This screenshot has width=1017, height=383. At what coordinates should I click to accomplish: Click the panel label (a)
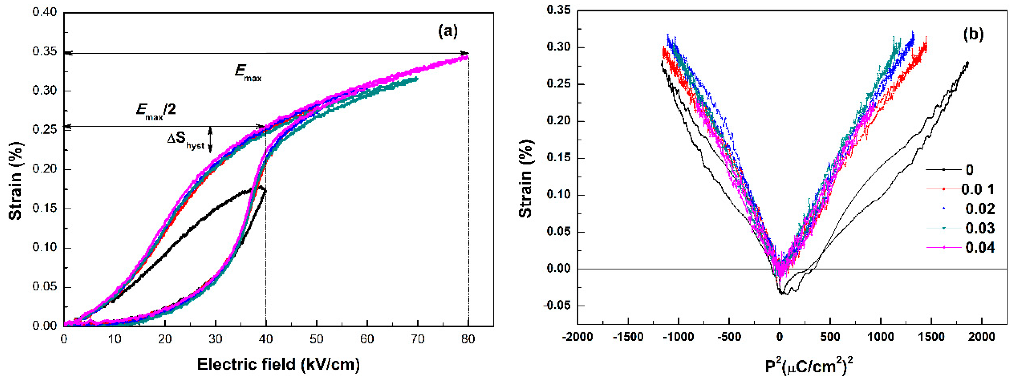click(448, 31)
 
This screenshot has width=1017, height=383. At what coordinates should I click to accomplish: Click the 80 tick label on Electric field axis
click(468, 339)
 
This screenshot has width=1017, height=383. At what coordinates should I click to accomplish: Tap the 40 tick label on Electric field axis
click(266, 339)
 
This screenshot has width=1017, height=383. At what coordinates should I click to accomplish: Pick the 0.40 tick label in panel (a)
click(45, 12)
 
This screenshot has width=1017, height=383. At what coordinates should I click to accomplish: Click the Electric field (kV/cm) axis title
click(278, 364)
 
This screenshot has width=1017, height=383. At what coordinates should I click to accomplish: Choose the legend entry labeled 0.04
click(980, 248)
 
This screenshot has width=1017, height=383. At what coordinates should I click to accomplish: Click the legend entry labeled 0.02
click(980, 208)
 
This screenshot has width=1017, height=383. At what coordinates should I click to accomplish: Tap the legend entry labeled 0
click(969, 170)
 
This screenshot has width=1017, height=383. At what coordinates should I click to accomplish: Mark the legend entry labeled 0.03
click(980, 228)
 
